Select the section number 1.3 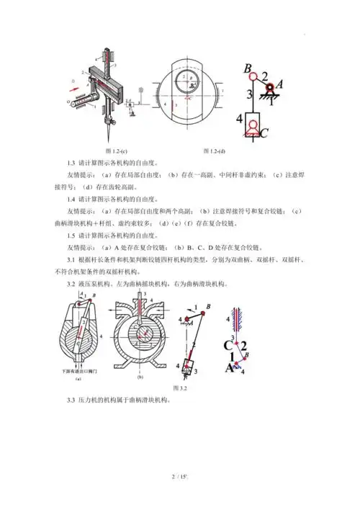point(71,161)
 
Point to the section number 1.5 point(71,235)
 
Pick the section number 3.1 point(71,259)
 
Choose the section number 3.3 point(71,400)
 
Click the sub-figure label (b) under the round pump point(140,377)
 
